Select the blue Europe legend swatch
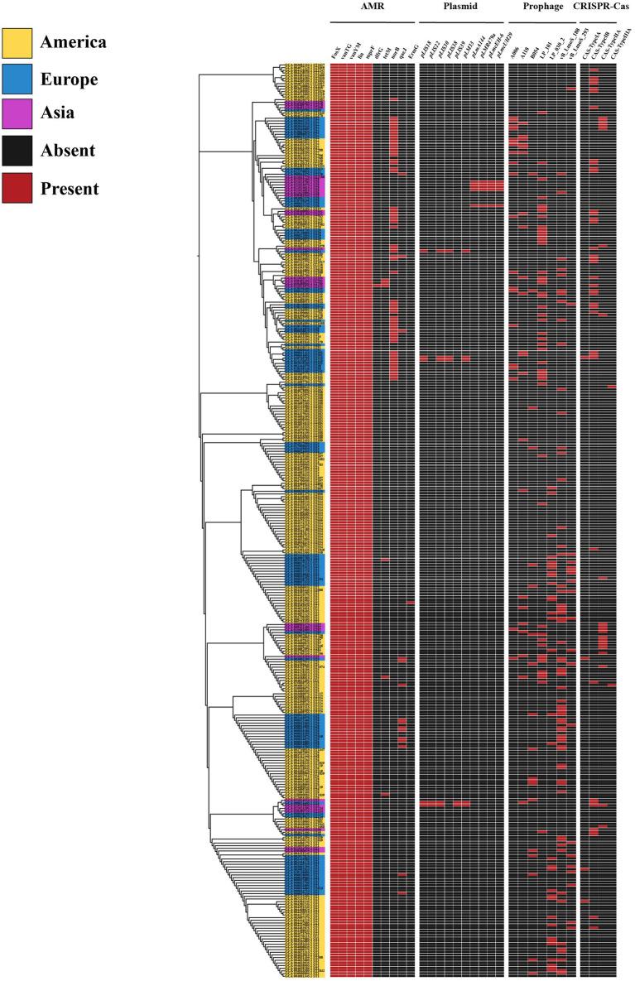click(17, 79)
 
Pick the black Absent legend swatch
click(17, 151)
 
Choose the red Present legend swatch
click(17, 188)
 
